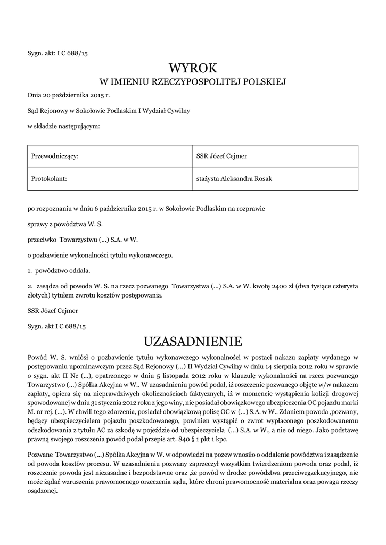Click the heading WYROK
tap(193, 68)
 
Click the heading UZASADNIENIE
tap(193, 340)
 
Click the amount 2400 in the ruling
tap(280, 286)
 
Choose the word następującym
tap(80, 127)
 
